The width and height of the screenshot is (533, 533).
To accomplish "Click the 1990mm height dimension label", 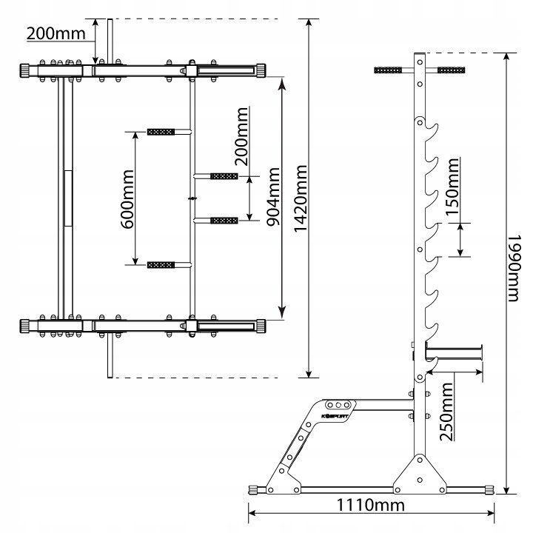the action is click(514, 268).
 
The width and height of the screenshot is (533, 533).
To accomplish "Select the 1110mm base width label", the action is click(371, 505).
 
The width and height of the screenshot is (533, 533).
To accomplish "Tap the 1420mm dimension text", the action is click(301, 199).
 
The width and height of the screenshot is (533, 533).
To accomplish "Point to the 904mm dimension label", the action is click(273, 197).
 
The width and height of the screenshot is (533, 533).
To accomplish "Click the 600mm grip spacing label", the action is click(128, 200).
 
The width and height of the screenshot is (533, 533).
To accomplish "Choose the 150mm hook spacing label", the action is click(452, 187).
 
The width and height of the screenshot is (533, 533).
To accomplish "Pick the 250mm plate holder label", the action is click(446, 412).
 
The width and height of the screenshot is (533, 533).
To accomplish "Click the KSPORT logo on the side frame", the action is click(335, 416).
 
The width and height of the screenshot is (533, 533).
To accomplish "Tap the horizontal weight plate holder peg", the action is click(454, 352).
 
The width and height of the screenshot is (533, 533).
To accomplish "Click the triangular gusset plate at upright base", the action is click(420, 475).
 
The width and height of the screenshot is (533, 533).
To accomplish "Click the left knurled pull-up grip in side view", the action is click(388, 70).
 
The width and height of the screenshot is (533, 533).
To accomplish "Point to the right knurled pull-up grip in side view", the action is click(451, 70).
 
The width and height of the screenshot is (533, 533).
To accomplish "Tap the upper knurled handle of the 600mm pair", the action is click(161, 132).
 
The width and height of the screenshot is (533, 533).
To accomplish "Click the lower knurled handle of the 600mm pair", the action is click(161, 265).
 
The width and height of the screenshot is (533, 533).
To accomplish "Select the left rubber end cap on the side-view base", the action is click(254, 490).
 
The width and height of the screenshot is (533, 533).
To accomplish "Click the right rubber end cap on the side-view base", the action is click(489, 490).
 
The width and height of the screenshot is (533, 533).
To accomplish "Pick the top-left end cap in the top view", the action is click(25, 71).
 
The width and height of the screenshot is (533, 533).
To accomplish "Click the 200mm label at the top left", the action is click(56, 33).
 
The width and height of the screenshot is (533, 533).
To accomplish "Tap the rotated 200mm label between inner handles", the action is click(242, 136).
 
